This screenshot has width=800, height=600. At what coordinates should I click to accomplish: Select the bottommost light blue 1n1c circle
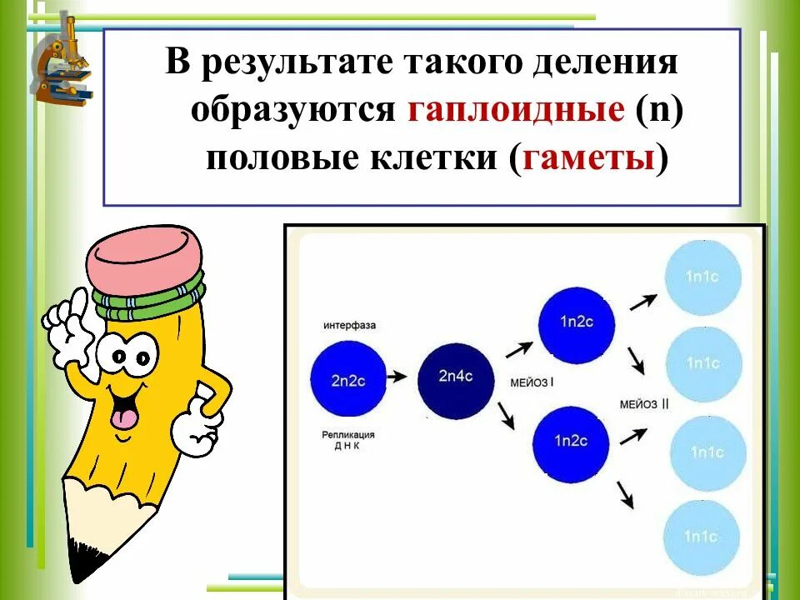pyautogui.click(x=702, y=537)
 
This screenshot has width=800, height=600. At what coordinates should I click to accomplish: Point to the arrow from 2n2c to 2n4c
pyautogui.click(x=400, y=377)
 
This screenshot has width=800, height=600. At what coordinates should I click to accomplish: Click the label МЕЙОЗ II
pyautogui.click(x=645, y=402)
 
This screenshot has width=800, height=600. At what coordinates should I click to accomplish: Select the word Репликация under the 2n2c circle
pyautogui.click(x=349, y=434)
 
